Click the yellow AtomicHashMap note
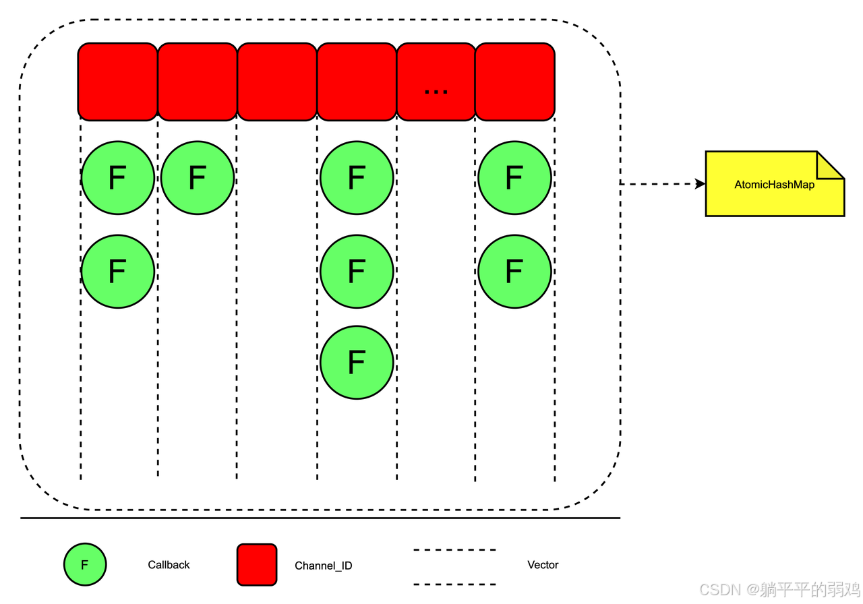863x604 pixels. point(774,184)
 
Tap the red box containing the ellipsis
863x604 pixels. point(436,82)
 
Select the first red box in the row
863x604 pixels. point(117,82)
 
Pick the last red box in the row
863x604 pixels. point(515,82)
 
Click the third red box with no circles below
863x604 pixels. point(276,82)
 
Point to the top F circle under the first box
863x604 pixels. point(117,178)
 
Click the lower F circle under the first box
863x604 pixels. point(117,271)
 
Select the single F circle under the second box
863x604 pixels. point(197,178)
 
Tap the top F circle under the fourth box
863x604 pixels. point(356,178)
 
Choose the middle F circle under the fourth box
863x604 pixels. point(356,271)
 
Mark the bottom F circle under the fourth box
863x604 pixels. point(356,363)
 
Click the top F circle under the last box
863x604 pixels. point(514,178)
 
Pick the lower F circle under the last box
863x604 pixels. point(514,271)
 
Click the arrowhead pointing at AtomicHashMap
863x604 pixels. point(701,183)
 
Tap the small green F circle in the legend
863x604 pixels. point(85,565)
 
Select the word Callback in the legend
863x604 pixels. point(169,565)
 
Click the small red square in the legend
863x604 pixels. point(257,565)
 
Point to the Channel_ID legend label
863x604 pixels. point(324,566)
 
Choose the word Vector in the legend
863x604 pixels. point(543,565)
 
